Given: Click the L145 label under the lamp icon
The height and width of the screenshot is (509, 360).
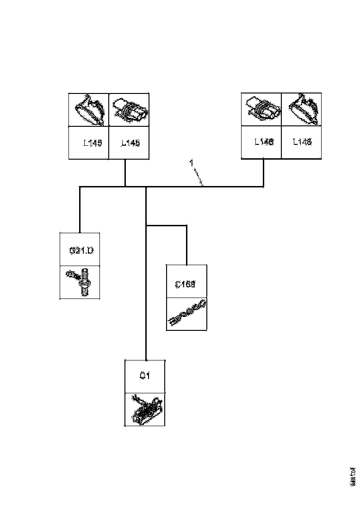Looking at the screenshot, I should (93, 143).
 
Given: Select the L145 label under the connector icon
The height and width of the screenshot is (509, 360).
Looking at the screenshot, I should (130, 143).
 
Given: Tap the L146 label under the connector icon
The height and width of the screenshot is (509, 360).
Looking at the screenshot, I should (264, 142).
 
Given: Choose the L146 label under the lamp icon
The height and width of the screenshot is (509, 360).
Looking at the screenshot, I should (302, 142).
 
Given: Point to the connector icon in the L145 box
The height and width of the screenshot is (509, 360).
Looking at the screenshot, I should (129, 110).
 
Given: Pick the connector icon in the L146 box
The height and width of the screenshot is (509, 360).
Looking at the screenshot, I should (261, 109).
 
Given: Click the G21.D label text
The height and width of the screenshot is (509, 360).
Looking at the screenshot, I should (81, 251).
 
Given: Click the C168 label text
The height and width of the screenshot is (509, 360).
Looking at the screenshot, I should (186, 284).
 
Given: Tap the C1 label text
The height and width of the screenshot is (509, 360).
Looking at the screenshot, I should (144, 376).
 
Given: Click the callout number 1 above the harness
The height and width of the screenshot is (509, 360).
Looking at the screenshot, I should (191, 163).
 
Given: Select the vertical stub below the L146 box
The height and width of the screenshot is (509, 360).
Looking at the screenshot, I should (264, 173).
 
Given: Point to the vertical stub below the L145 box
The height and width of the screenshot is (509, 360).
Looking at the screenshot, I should (125, 173).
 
